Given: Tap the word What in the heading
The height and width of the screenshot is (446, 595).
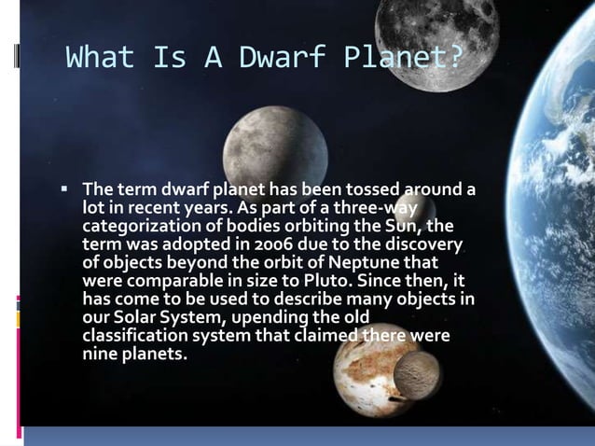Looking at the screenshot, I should [100, 58].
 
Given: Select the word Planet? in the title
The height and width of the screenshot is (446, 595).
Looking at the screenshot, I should [403, 58].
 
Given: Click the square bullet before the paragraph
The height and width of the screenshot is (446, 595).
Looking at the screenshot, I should [64, 189].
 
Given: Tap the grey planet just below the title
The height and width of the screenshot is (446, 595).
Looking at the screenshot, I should [275, 146].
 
